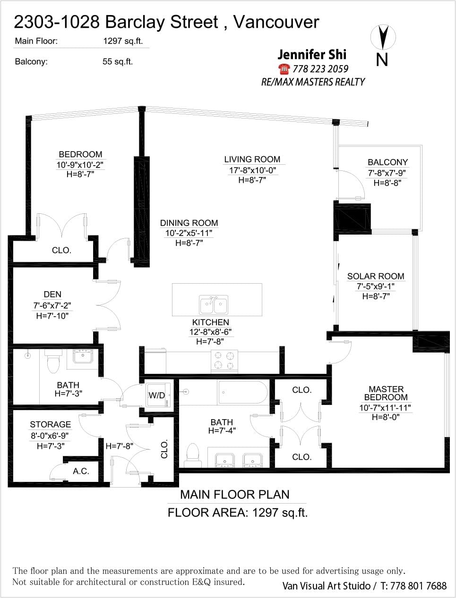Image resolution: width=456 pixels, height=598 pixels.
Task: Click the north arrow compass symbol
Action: [383, 38]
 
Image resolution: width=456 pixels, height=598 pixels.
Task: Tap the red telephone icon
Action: [284, 69]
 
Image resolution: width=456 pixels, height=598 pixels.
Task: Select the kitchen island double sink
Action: [214, 305]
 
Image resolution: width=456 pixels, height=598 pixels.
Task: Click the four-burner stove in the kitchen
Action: [224, 361]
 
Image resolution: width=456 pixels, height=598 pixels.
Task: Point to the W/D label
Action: [157, 396]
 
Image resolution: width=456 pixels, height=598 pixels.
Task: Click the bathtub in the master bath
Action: [242, 392]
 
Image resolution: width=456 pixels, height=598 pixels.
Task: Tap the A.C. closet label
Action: [81, 471]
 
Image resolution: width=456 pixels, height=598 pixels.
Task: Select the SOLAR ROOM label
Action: [376, 276]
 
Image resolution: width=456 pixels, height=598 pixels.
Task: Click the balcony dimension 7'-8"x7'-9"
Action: [387, 173]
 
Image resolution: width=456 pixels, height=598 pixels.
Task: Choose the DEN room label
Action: [52, 294]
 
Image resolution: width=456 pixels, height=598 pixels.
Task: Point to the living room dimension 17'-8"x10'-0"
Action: [252, 170]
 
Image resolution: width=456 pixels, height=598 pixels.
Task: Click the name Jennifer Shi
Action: [312, 54]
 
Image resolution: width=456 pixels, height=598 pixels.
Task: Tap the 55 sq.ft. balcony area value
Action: [118, 61]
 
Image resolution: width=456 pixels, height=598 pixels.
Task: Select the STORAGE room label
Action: [51, 424]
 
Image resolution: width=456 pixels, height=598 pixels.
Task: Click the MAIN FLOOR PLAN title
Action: [235, 495]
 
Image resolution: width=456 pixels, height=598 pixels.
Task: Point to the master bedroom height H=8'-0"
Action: [386, 417]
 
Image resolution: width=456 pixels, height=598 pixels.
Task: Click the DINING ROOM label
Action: [189, 223]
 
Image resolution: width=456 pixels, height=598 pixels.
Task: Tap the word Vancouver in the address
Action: [276, 22]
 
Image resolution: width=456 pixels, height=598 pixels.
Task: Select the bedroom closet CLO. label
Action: [61, 250]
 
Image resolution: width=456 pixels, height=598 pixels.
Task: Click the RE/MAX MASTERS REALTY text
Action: [313, 82]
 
